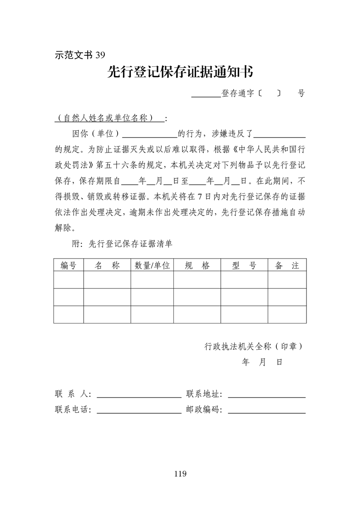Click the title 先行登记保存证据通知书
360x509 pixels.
180,72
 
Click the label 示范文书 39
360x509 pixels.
80,55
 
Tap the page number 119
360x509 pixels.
180,474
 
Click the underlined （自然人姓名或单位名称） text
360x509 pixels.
109,118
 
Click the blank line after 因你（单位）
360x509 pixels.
150,135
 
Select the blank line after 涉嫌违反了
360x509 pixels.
280,135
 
